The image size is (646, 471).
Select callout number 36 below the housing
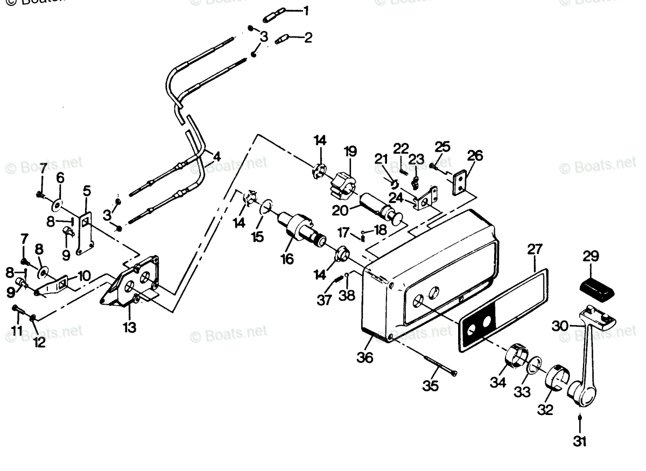click(x=364, y=356)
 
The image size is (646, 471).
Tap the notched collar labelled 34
click(x=516, y=355)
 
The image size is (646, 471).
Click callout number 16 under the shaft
click(x=287, y=259)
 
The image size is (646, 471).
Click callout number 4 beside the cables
click(x=216, y=157)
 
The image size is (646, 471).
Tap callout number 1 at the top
click(x=305, y=10)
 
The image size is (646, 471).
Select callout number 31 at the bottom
click(x=580, y=441)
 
